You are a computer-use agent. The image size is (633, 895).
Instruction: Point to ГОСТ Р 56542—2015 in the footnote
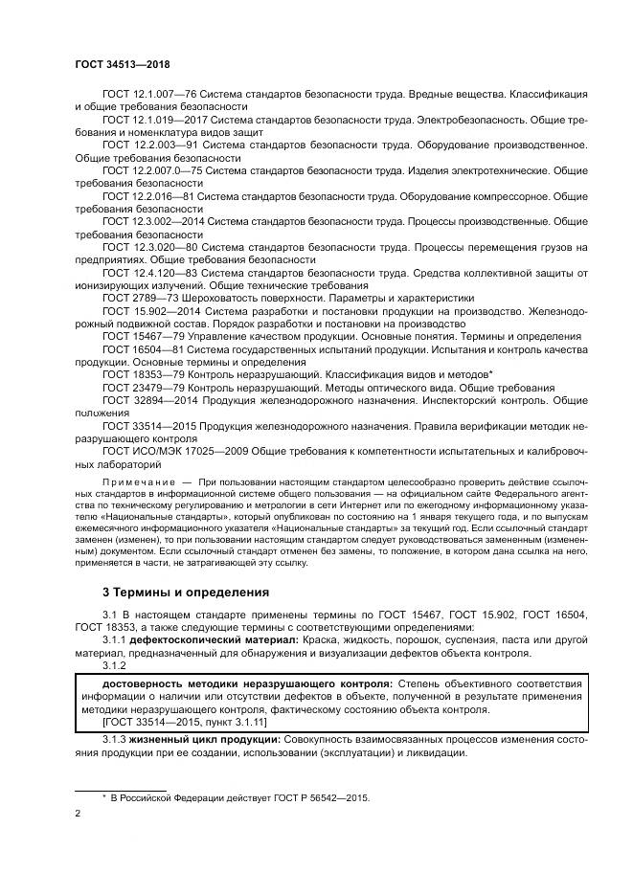point(317,796)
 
